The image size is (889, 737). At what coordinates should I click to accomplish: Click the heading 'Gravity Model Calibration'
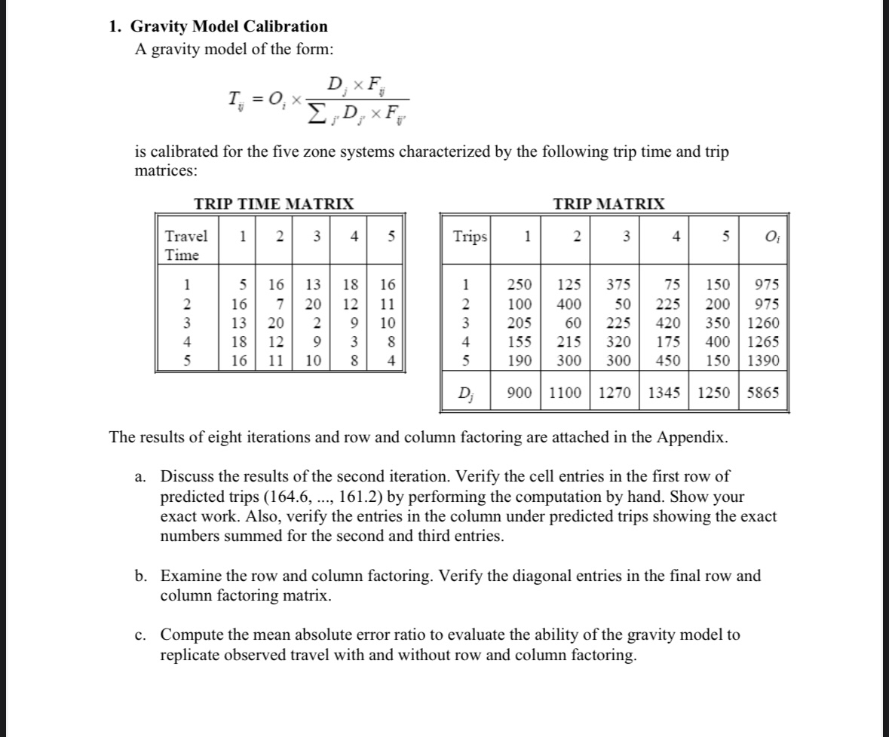pyautogui.click(x=229, y=26)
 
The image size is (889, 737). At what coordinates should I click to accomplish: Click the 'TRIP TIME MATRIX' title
pyautogui.click(x=274, y=203)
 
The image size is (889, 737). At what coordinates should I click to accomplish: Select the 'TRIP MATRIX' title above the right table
pyautogui.click(x=609, y=203)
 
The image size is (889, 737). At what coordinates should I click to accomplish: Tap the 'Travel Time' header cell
pyautogui.click(x=185, y=245)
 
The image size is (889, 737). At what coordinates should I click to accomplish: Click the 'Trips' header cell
pyautogui.click(x=470, y=237)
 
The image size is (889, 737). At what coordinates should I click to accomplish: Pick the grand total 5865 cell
pyautogui.click(x=764, y=392)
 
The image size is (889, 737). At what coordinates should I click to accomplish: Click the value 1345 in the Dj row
pyautogui.click(x=664, y=392)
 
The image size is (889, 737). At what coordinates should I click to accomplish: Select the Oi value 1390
pyautogui.click(x=764, y=359)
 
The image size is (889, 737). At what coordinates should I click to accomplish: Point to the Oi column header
pyautogui.click(x=764, y=237)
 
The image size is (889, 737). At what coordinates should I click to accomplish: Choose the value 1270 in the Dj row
pyautogui.click(x=615, y=392)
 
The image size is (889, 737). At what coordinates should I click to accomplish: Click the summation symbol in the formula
pyautogui.click(x=315, y=114)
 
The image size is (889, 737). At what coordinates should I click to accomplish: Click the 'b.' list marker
pyautogui.click(x=141, y=576)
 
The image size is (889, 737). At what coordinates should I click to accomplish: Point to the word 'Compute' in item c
pyautogui.click(x=189, y=635)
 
